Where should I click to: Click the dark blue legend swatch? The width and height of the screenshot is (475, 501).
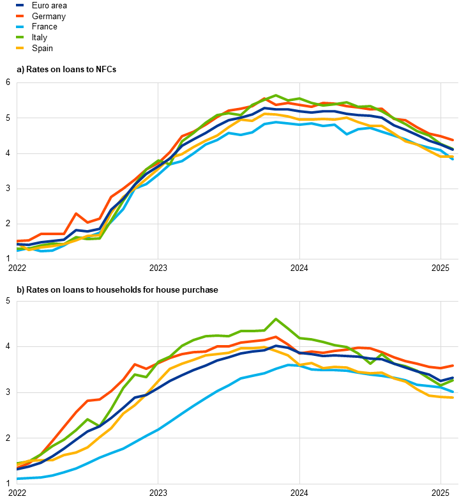(x=20, y=4)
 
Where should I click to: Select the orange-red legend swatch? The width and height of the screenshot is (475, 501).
(x=20, y=15)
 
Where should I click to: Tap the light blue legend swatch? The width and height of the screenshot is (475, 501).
(x=20, y=26)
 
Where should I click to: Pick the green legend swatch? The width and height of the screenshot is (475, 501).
(x=20, y=37)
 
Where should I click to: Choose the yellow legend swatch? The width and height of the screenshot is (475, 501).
(x=20, y=48)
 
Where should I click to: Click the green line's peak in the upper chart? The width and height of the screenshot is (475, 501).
(x=276, y=95)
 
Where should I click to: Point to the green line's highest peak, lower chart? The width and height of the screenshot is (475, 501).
(x=276, y=318)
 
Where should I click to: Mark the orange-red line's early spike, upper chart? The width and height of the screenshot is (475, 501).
(x=76, y=213)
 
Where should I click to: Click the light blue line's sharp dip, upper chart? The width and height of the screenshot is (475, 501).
(x=347, y=134)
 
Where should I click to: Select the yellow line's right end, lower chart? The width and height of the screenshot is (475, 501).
(x=453, y=397)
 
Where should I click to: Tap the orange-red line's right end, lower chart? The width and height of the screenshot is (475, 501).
(x=453, y=366)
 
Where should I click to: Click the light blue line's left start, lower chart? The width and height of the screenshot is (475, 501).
(x=17, y=478)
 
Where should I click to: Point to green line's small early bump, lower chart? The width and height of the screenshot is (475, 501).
(x=87, y=419)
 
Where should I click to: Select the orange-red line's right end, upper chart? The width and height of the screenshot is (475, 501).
(x=453, y=140)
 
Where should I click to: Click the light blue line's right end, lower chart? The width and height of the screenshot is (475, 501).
(x=453, y=391)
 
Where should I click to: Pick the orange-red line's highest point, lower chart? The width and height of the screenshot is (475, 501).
(x=276, y=337)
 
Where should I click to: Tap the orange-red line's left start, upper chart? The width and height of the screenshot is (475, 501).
(x=17, y=242)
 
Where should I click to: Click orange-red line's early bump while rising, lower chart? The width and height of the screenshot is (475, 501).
(x=135, y=364)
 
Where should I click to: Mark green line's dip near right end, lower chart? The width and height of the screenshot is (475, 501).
(x=370, y=364)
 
